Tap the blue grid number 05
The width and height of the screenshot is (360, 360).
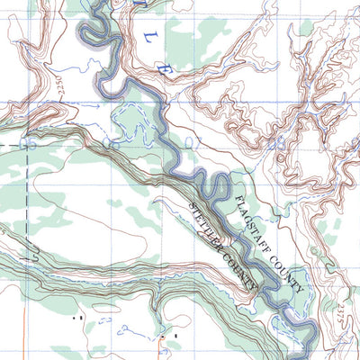[27, 143]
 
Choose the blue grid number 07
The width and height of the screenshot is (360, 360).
[192, 143]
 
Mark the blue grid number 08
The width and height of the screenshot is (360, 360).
[278, 143]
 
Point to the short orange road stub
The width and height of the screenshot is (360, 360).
[164, 347]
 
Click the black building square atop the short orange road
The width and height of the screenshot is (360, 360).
[164, 336]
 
